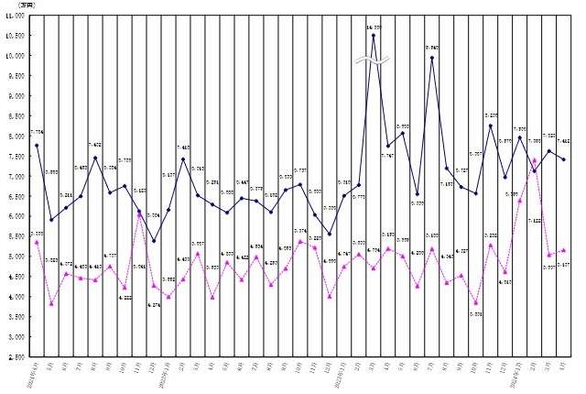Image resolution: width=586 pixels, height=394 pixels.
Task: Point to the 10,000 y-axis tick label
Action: coord(16,56)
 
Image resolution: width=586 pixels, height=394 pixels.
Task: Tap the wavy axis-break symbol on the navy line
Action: coord(373,61)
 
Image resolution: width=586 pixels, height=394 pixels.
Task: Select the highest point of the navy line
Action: coord(373,36)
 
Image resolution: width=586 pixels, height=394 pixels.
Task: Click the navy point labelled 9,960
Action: coord(431,58)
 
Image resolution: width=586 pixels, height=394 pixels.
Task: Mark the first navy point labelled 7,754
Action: coord(37,146)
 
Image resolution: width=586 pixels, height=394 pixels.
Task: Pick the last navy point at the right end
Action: coord(564,159)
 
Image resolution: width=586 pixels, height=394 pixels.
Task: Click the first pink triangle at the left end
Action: coord(37,242)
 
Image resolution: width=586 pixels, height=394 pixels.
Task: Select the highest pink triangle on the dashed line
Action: coord(534,160)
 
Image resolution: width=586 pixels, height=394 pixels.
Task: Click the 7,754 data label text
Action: coord(37,134)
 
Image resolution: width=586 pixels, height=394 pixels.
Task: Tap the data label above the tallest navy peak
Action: coord(373,27)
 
